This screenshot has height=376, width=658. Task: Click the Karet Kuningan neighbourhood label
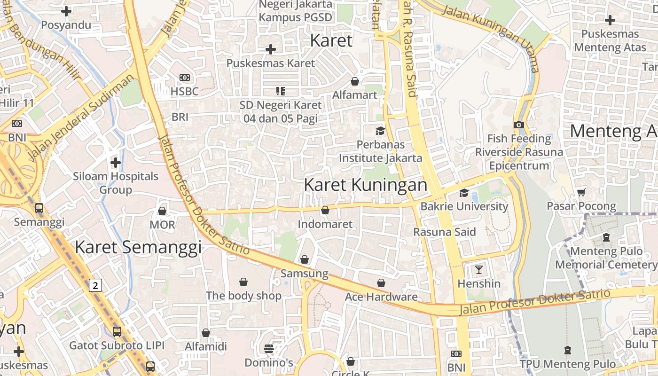pos(366,185)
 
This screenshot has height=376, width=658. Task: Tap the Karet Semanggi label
pos(138,247)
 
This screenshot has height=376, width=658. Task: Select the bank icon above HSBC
pos(185,78)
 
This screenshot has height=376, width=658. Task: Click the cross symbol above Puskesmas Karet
pos(271,49)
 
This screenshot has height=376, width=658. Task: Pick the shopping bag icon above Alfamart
pos(355,82)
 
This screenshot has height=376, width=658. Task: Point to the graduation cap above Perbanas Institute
pos(380,131)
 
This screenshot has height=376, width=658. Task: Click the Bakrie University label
pos(464,206)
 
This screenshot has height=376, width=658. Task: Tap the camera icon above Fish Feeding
pos(519,125)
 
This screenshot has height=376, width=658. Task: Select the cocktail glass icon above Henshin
pos(479,270)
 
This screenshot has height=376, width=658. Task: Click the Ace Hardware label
pos(381,297)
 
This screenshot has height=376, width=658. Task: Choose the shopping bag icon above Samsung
pos(305,259)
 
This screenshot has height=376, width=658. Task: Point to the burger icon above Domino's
pos(269,349)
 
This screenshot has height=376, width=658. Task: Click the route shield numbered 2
pos(95,285)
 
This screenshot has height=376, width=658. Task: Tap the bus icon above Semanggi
pos(39,208)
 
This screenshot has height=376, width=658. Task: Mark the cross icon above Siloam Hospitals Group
pos(116,163)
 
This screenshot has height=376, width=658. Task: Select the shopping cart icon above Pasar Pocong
pos(581,192)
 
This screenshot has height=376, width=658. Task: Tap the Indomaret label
pos(325,224)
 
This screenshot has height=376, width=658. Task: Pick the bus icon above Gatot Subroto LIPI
pos(117,332)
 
